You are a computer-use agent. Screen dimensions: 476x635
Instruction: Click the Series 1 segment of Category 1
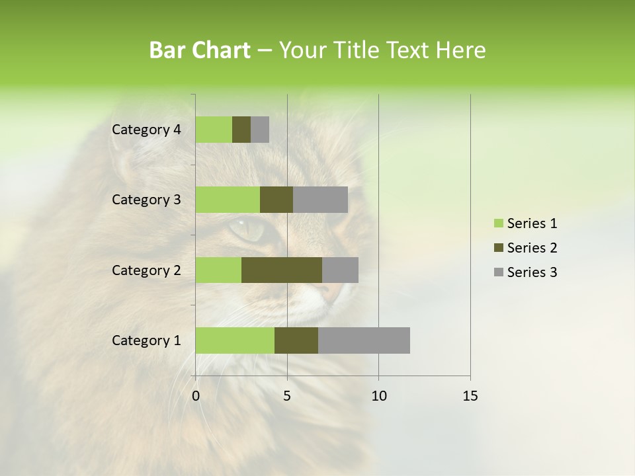(x=235, y=340)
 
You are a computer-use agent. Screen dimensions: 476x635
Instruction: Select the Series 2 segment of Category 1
(x=296, y=340)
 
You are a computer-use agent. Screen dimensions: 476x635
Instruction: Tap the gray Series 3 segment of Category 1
(x=364, y=340)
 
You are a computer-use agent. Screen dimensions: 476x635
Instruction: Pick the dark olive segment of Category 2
(x=282, y=270)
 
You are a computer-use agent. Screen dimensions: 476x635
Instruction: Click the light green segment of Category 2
(x=218, y=270)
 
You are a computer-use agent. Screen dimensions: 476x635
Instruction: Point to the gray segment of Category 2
(x=340, y=270)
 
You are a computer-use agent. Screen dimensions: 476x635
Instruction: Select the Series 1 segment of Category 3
(x=228, y=200)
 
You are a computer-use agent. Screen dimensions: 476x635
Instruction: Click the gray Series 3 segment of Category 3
(x=320, y=200)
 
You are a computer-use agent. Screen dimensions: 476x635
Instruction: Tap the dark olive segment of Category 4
(x=241, y=130)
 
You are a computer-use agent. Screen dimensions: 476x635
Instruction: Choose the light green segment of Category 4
(x=214, y=130)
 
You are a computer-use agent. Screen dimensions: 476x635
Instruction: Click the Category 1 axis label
(x=146, y=340)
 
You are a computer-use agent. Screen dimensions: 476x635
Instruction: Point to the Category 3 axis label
(x=146, y=200)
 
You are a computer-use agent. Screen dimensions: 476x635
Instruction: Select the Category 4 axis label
(x=146, y=130)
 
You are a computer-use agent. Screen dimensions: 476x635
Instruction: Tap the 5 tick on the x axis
(x=287, y=396)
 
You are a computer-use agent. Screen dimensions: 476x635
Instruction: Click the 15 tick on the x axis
(x=470, y=396)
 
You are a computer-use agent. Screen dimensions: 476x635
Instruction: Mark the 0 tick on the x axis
(x=196, y=396)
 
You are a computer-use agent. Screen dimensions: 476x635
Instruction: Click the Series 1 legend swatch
(x=497, y=223)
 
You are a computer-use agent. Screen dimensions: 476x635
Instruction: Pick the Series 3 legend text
(x=532, y=272)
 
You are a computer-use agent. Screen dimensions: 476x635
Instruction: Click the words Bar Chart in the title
(x=200, y=50)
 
